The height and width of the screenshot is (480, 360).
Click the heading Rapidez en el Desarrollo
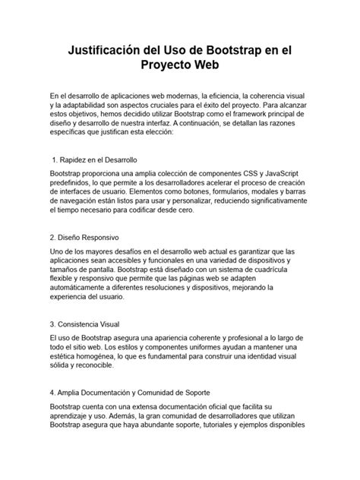coord(96,160)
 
